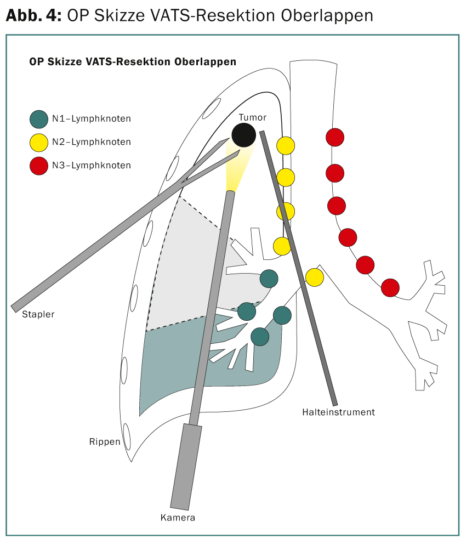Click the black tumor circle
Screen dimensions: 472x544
click(x=243, y=135)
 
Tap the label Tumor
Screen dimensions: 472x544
click(x=253, y=117)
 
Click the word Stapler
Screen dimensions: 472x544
click(x=38, y=314)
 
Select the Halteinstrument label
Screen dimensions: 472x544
click(x=338, y=412)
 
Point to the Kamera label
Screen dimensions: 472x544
click(x=178, y=518)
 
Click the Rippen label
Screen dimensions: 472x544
click(x=105, y=441)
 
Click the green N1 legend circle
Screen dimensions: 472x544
click(x=39, y=120)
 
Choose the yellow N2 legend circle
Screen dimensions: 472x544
click(x=39, y=143)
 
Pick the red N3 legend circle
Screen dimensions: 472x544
click(x=39, y=166)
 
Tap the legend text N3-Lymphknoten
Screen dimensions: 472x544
click(x=92, y=166)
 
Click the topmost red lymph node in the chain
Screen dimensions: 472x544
click(x=335, y=138)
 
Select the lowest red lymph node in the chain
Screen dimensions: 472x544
click(x=390, y=287)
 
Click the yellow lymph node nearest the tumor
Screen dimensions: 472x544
click(x=286, y=146)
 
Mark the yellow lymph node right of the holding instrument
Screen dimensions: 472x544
click(x=315, y=277)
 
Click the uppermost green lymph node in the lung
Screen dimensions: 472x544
click(x=269, y=279)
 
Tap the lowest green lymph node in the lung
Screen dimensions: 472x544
click(x=260, y=337)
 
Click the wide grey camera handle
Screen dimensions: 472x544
click(x=186, y=467)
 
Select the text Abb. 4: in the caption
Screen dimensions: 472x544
click(x=33, y=15)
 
